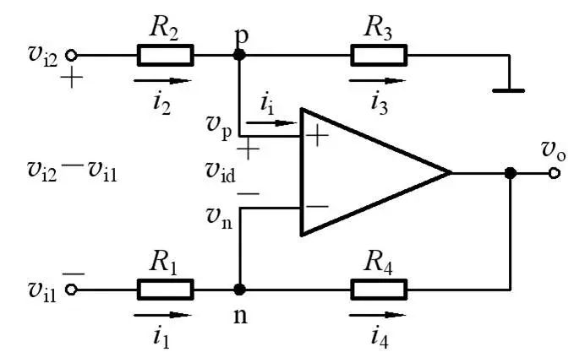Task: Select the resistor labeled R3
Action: coord(380,56)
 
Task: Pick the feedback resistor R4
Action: coord(380,290)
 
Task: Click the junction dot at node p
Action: coord(239,56)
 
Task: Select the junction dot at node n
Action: coord(239,290)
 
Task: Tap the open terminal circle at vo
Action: coord(554,172)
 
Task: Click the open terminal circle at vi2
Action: coord(72,56)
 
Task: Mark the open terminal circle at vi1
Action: coord(72,290)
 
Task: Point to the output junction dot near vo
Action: coord(510,172)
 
